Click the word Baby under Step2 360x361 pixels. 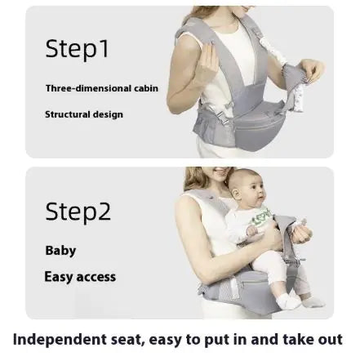[x=60, y=251]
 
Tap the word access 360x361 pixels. [x=97, y=277]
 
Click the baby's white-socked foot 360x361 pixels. [x=295, y=300]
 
